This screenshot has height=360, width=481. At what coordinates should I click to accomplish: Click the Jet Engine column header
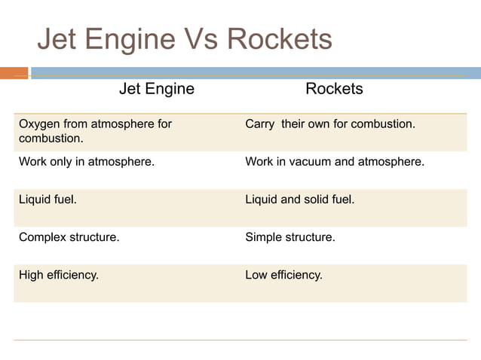(156, 89)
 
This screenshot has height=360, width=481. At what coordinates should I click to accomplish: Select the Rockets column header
(334, 89)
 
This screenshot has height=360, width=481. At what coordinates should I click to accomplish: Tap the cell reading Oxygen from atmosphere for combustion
(95, 131)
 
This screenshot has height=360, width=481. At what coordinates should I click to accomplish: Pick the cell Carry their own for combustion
(330, 124)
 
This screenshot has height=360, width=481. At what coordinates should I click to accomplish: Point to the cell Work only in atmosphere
(87, 161)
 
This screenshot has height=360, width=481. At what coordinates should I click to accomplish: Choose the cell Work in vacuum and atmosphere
(335, 161)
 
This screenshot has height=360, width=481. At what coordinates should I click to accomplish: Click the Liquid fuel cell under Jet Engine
(47, 200)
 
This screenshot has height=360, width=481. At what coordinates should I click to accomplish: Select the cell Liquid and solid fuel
(299, 200)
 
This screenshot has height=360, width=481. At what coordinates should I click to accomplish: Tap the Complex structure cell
(69, 237)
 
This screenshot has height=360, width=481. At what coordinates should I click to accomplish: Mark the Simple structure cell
(290, 237)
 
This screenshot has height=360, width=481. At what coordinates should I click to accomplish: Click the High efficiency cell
(59, 275)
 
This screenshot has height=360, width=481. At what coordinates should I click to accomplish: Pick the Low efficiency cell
(283, 275)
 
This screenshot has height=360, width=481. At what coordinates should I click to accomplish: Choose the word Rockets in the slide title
(280, 39)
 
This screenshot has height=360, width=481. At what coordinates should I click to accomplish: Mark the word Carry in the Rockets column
(260, 124)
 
